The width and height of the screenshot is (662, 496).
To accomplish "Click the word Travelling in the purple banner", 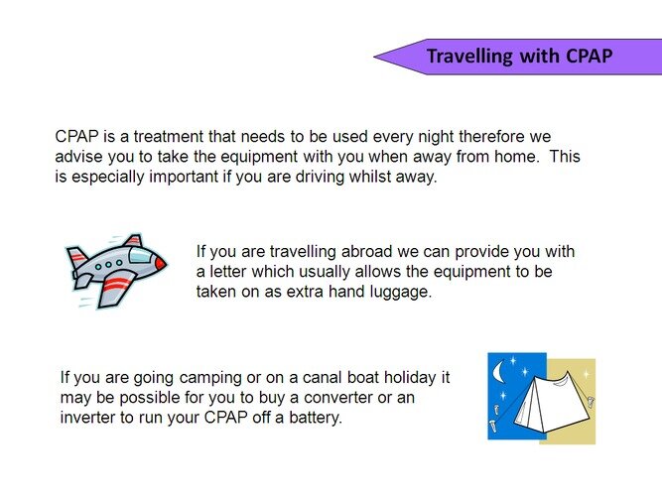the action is coord(469,57).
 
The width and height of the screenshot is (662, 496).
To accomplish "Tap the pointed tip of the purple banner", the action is coord(374,57).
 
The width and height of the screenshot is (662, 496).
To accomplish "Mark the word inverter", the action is coord(87,418).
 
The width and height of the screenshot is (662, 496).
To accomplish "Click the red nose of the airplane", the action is coord(161,264).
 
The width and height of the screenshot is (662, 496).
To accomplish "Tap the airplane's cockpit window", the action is coord(141,255).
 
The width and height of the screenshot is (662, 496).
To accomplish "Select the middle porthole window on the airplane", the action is coord(109,265).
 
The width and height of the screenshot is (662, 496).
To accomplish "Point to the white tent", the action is coord(551,403).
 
